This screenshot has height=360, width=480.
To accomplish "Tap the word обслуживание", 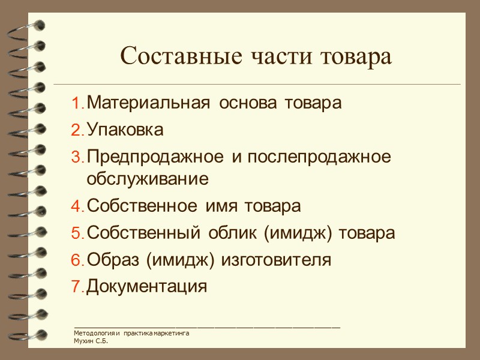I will click(148, 179).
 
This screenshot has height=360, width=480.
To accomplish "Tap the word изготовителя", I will click(277, 260).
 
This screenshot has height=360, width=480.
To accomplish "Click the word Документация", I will click(147, 287).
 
